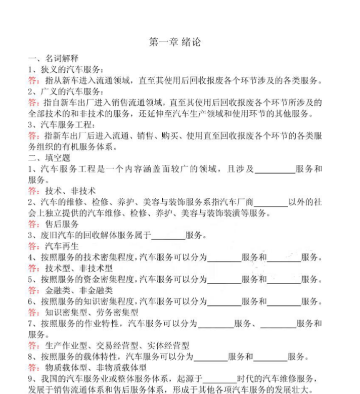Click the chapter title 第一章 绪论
pyautogui.click(x=175, y=42)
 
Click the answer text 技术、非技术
pyautogui.click(x=70, y=191)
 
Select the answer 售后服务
pyautogui.click(x=62, y=224)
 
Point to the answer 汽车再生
pyautogui.click(x=62, y=246)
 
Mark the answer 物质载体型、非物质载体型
pyautogui.click(x=96, y=368)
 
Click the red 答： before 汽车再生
pyautogui.click(x=34, y=246)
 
